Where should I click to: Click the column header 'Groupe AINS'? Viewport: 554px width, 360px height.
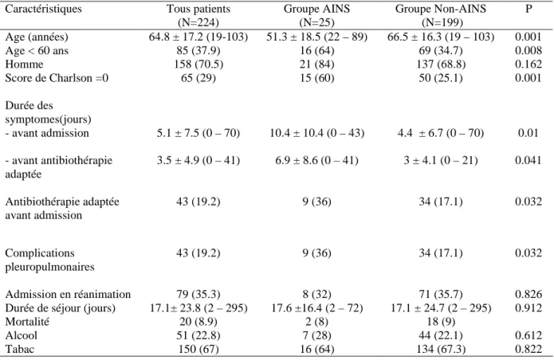point(316,9)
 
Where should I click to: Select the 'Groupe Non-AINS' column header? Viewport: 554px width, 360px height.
point(441,9)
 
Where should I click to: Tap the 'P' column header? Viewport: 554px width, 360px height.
point(528,9)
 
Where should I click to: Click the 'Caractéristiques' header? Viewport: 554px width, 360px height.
point(44,9)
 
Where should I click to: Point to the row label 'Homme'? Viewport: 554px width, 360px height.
point(24,65)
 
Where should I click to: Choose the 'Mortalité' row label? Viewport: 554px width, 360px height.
point(27,322)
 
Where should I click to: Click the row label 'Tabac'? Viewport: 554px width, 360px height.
point(20,350)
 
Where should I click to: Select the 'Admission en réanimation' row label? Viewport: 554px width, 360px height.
point(68,295)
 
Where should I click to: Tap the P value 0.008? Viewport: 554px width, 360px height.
point(528,51)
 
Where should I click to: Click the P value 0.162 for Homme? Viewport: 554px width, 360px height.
point(528,65)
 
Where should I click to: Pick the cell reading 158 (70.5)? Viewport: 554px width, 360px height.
point(198,65)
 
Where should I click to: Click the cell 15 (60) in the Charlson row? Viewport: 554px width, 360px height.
point(317,78)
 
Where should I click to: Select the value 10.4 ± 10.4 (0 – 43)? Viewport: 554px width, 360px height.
point(317,133)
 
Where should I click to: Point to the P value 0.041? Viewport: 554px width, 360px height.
point(528,161)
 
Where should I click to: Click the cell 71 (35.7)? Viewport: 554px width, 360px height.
point(441,295)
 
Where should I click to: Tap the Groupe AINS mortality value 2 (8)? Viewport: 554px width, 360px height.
point(317,322)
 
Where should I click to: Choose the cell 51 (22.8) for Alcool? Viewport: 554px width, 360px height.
point(198,335)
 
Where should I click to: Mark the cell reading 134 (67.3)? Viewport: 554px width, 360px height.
point(441,350)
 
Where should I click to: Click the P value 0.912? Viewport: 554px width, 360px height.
point(528,308)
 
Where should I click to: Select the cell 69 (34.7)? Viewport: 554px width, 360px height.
point(441,51)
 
